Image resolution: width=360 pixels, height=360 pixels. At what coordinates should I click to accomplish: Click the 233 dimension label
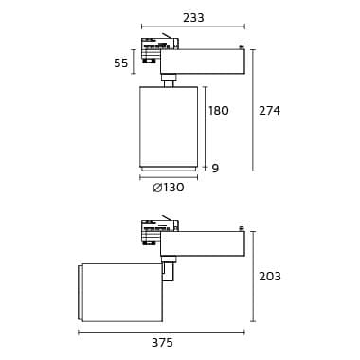[x=193, y=18]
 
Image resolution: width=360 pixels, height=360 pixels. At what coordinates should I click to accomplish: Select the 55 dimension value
[x=121, y=63]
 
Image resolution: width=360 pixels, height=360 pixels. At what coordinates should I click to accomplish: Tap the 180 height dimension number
[x=219, y=111]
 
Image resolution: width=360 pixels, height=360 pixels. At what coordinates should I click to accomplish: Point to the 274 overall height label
[x=269, y=111]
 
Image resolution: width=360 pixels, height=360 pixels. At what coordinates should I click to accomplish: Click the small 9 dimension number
[x=215, y=169]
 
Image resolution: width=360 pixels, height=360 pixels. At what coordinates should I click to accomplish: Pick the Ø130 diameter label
[x=169, y=188]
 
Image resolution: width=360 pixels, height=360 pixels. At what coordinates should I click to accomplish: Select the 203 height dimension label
[x=270, y=277]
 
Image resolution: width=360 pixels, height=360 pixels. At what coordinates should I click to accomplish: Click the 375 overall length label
[x=162, y=343]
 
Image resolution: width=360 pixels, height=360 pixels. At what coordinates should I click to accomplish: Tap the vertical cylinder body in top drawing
[x=169, y=126]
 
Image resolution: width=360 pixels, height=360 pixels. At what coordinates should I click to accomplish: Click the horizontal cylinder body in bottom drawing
[x=120, y=293]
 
